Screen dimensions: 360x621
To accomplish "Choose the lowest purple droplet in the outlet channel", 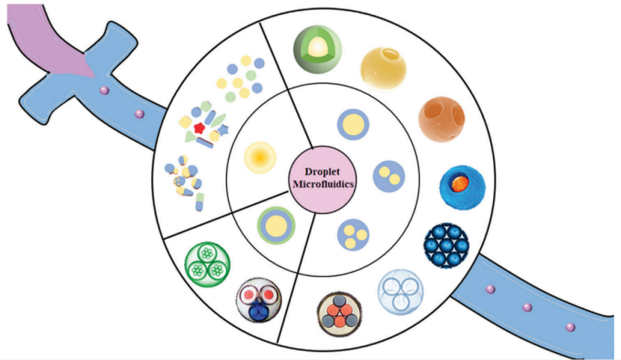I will [x=570, y=326].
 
